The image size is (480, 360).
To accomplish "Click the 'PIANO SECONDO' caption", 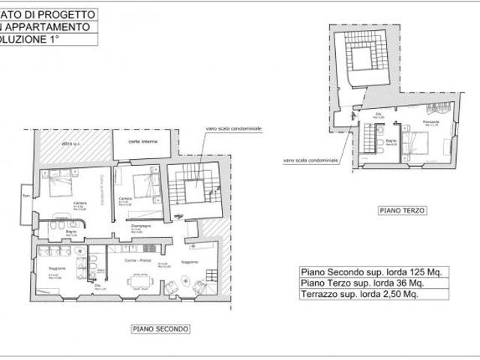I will pyautogui.click(x=161, y=328).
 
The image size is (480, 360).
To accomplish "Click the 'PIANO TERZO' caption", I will pyautogui.click(x=403, y=211).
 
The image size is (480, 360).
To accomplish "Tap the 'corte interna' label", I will pyautogui.click(x=142, y=142).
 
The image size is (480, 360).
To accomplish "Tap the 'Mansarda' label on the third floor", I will pyautogui.click(x=430, y=121).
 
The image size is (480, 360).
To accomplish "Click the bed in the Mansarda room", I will pyautogui.click(x=417, y=142).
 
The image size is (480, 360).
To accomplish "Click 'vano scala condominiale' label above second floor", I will pyautogui.click(x=233, y=129).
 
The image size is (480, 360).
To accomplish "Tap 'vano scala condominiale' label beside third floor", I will pyautogui.click(x=310, y=160).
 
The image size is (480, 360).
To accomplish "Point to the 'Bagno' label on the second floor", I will pyautogui.click(x=71, y=232).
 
